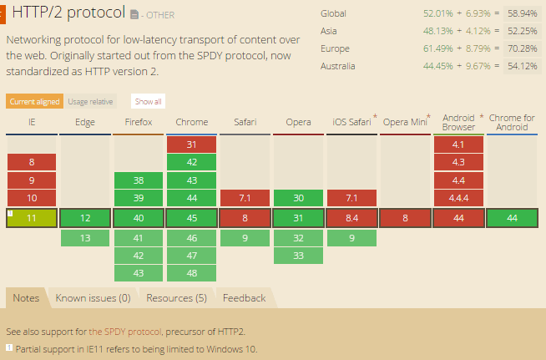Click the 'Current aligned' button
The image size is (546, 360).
click(x=34, y=101)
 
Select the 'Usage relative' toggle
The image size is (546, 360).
click(x=90, y=101)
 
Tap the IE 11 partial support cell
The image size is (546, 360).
click(x=32, y=217)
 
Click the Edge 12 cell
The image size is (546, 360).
click(x=85, y=217)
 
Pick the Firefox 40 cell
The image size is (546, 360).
click(x=139, y=217)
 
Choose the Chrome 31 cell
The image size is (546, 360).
click(x=192, y=144)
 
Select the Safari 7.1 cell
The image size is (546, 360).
click(x=245, y=198)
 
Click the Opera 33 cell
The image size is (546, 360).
click(x=299, y=256)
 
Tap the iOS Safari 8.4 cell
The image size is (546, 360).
click(x=352, y=217)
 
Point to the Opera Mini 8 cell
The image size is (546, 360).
click(x=406, y=217)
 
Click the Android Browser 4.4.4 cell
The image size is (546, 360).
click(x=459, y=198)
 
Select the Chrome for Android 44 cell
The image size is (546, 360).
click(x=513, y=217)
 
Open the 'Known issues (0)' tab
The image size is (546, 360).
click(x=93, y=298)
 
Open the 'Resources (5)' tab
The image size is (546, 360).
click(x=176, y=298)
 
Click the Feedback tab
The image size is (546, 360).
click(x=244, y=298)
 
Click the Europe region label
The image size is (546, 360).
click(x=334, y=48)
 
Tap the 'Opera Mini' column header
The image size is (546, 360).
click(x=405, y=123)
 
